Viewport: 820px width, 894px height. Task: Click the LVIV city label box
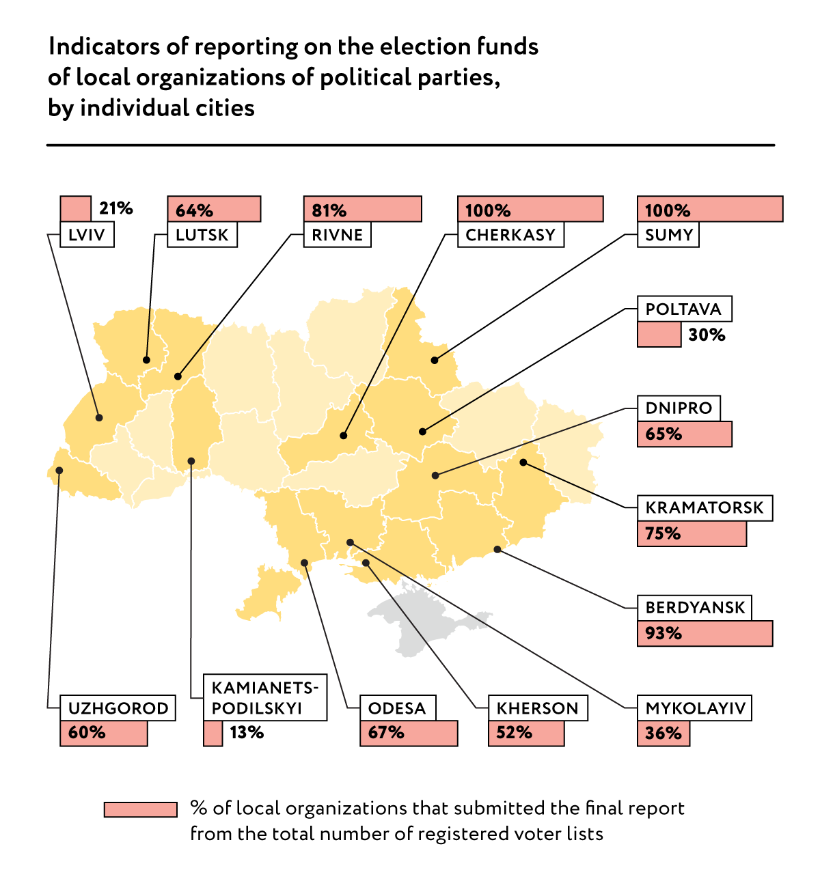tap(87, 235)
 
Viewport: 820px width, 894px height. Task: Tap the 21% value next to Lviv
tap(115, 208)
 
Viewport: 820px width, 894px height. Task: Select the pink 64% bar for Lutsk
tap(214, 209)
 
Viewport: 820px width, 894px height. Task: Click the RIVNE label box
tap(337, 235)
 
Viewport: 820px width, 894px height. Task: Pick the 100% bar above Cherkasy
tap(530, 209)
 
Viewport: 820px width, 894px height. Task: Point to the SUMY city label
tap(668, 235)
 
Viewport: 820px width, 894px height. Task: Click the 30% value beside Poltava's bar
tap(707, 335)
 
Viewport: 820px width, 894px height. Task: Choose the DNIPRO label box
tap(679, 408)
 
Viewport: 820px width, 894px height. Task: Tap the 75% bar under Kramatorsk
tap(692, 533)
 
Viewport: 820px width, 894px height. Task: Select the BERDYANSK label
tap(694, 607)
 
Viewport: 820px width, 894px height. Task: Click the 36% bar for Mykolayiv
tap(664, 734)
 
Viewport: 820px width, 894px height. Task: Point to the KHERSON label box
tap(538, 708)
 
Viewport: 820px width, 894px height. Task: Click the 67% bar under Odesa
tap(409, 734)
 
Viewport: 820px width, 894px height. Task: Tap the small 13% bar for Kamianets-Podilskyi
tap(213, 734)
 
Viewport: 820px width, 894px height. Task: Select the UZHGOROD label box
tap(118, 708)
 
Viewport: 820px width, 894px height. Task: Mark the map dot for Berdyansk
tap(497, 549)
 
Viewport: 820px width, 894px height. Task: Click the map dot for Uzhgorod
tap(59, 470)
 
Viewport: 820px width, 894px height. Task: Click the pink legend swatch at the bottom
tap(140, 809)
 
